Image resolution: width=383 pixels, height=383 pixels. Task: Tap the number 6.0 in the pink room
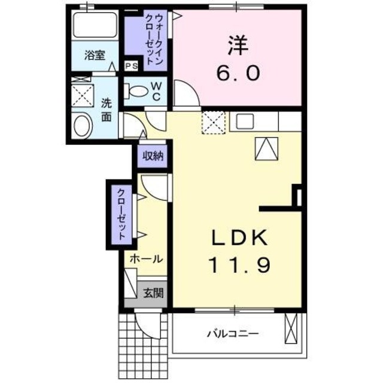click(x=238, y=73)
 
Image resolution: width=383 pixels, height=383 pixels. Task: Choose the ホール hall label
click(x=145, y=260)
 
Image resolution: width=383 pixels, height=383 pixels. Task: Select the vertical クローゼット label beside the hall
click(x=121, y=214)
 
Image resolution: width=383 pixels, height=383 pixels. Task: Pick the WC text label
click(x=155, y=91)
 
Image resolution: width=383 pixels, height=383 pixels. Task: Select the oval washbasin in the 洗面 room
click(x=81, y=126)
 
